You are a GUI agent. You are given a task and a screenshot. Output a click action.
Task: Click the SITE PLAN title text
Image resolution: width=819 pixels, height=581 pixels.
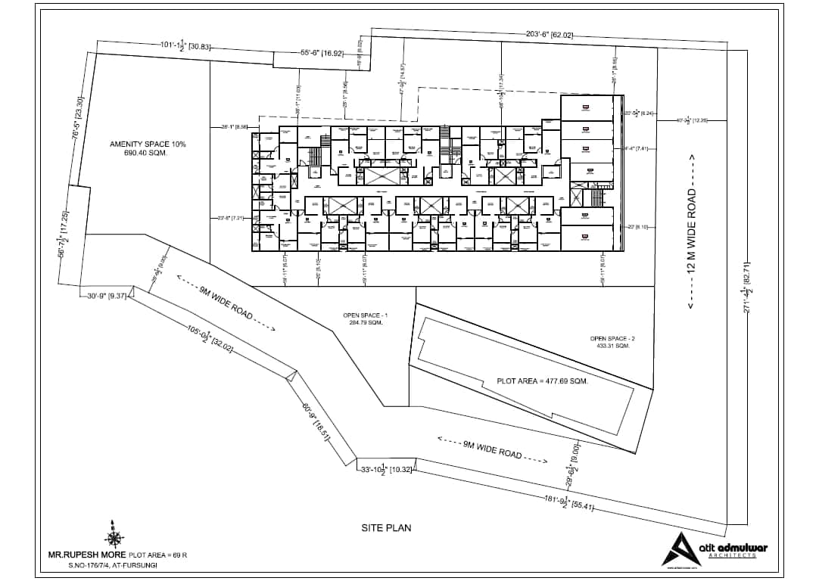[386, 527]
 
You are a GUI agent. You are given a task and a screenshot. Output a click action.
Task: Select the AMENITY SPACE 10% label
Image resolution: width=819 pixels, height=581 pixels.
[148, 144]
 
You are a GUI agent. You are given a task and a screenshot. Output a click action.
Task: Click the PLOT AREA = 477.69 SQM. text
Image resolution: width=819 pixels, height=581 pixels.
[542, 381]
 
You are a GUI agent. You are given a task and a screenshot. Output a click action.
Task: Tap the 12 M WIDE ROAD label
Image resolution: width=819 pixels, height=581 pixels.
[691, 231]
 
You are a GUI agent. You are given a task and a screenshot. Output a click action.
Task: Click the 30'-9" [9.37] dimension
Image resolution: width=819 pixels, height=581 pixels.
[105, 296]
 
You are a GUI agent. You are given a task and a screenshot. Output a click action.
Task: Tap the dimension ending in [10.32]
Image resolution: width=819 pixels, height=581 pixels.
[386, 470]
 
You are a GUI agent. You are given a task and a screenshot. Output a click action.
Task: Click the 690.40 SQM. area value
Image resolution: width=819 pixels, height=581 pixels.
[145, 153]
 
